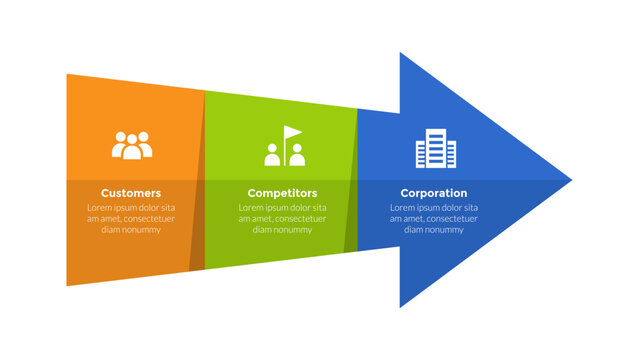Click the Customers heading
[x=130, y=193]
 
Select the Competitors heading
[x=282, y=193]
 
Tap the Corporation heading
[x=434, y=193]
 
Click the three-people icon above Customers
[x=132, y=146]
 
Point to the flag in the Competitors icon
[x=292, y=133]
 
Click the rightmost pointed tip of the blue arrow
[x=570, y=180]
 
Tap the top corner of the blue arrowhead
[x=401, y=54]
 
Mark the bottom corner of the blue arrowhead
[x=401, y=306]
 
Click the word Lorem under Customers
[x=99, y=208]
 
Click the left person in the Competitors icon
[x=272, y=155]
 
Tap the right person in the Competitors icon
[x=297, y=156]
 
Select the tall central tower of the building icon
[x=435, y=147]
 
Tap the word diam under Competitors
[x=262, y=230]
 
